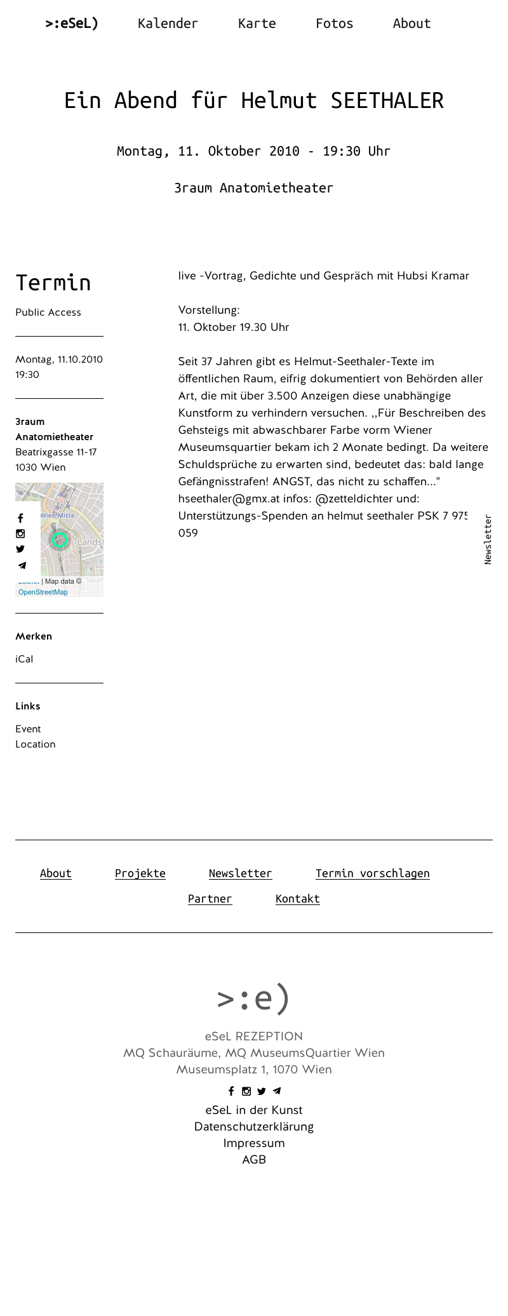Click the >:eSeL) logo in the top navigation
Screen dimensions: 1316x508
click(x=72, y=23)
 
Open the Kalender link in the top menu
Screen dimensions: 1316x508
click(x=168, y=23)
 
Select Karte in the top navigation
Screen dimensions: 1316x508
click(x=257, y=23)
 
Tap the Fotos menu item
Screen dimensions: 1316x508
click(x=334, y=23)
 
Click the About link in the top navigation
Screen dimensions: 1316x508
click(x=411, y=23)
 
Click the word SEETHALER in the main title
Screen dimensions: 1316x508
click(x=387, y=100)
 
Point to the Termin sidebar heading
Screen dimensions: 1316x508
click(x=53, y=283)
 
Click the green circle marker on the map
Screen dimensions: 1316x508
click(x=60, y=540)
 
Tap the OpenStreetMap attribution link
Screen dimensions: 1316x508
click(x=43, y=592)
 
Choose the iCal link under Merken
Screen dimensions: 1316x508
click(x=24, y=659)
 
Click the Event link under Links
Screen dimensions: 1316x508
click(x=28, y=729)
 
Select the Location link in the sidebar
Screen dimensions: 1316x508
click(x=36, y=744)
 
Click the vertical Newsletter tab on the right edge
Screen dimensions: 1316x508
click(x=488, y=539)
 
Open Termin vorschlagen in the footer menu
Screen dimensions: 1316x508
click(x=372, y=873)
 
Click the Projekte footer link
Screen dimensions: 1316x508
click(x=140, y=873)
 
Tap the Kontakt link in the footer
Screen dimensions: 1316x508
click(x=297, y=899)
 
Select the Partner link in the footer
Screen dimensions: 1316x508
click(x=210, y=899)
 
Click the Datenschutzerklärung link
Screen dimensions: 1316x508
click(x=254, y=1127)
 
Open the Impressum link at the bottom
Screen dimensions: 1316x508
click(x=254, y=1143)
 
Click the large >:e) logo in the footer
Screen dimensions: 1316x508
click(x=253, y=998)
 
